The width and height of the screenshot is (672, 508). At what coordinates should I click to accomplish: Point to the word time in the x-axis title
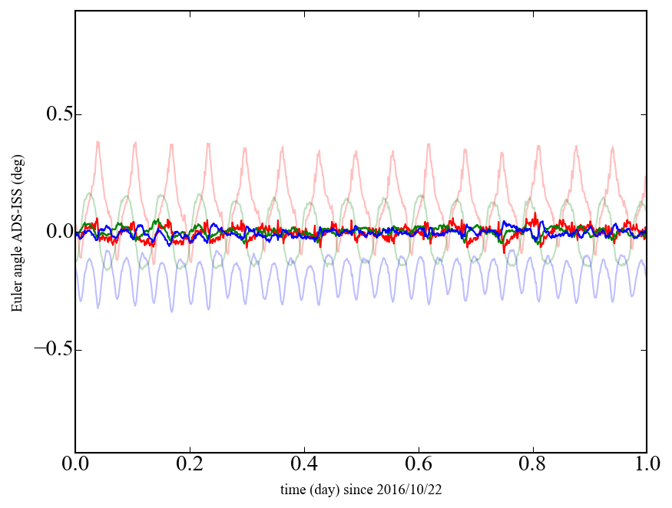293,489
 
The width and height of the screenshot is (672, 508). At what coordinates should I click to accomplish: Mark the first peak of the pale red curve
98,142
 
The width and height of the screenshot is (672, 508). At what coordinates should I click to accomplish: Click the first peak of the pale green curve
89,193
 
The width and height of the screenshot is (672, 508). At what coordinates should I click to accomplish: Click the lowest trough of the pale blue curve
171,311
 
